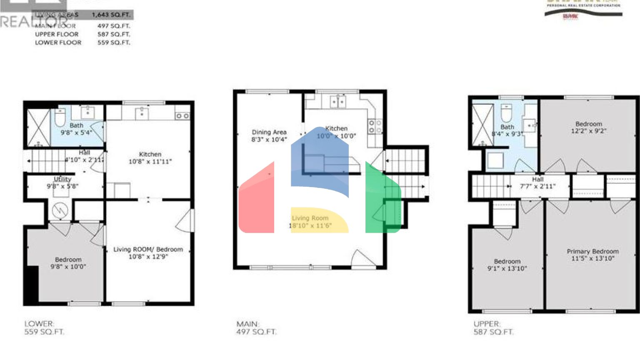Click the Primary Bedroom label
coord(592,251)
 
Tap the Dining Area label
coord(269,132)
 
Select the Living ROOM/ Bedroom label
coord(148,249)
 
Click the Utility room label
coord(62,179)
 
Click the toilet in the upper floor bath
coord(506,113)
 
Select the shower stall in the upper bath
coord(482,124)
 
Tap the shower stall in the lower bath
coord(38,127)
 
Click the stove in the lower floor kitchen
coord(182,116)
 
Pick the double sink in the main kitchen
coord(337,102)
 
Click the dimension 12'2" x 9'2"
coord(588,131)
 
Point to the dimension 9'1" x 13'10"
coord(507,268)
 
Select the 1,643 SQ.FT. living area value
coord(111,15)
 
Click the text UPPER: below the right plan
coord(487,324)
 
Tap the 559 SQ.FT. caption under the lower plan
coord(44,332)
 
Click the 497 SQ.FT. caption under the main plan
coord(256,332)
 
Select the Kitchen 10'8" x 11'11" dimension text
coord(150,162)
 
